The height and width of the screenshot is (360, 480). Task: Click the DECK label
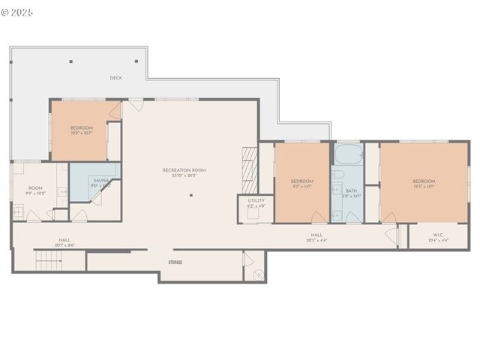(x=115, y=78)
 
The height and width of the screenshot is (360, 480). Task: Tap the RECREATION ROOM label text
(x=184, y=170)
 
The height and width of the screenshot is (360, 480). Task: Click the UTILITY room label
(x=256, y=201)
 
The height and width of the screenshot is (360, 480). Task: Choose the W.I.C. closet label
(x=436, y=235)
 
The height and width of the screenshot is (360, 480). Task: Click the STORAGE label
(x=175, y=262)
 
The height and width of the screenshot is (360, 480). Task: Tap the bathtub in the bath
(x=346, y=156)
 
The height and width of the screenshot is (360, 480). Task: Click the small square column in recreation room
(x=191, y=196)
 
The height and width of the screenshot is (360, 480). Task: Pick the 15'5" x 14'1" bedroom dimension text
(x=423, y=187)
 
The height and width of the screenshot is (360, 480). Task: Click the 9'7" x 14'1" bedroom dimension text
(x=301, y=187)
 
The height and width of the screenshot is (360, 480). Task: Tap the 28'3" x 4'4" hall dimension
(x=317, y=241)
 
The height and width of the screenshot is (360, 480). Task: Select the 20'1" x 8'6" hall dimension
(x=64, y=246)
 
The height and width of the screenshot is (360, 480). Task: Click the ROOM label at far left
(x=35, y=188)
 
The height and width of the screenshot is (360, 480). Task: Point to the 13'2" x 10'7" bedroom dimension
(x=82, y=133)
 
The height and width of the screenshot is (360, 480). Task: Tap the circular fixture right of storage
(x=258, y=274)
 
